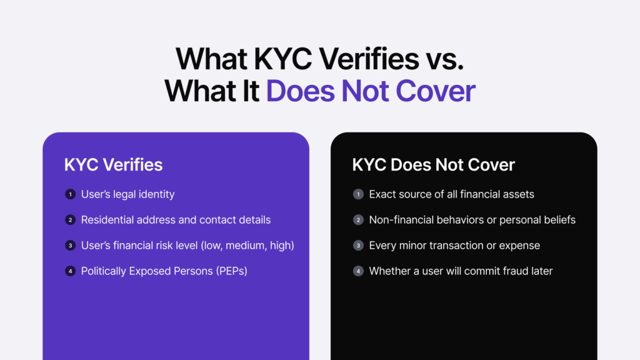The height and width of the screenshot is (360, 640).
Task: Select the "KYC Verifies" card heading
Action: point(113,164)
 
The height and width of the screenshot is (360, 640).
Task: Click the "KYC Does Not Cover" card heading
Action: point(433,164)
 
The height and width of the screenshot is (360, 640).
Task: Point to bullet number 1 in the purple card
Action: point(70,194)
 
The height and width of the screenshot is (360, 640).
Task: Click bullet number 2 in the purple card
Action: point(70,220)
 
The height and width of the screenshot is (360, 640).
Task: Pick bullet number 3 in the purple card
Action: point(70,246)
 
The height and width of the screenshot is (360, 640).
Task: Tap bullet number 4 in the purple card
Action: point(70,271)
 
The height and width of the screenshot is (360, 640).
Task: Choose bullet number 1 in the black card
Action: point(358,194)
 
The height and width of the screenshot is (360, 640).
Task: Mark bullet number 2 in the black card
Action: point(358,220)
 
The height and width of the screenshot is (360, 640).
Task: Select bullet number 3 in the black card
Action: point(358,246)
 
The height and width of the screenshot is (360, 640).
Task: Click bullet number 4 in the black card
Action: point(358,271)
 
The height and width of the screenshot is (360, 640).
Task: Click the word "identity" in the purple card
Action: point(156,194)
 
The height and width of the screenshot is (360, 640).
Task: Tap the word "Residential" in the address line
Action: point(109,220)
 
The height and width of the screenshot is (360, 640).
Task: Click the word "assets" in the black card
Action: point(518,194)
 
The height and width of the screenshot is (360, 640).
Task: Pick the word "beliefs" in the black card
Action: point(558,220)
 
